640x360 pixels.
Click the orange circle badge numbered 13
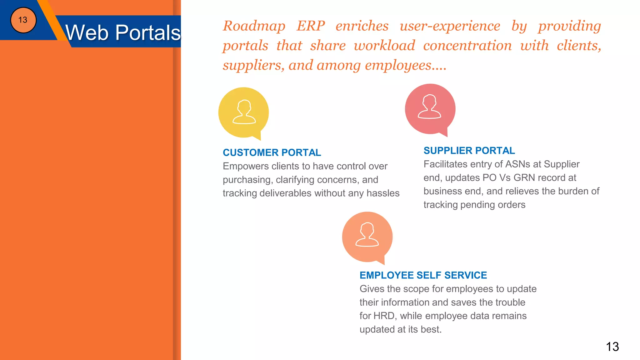coord(23,20)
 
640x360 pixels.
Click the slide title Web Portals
coord(123,32)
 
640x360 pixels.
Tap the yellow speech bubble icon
coord(243,112)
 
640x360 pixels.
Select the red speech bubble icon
coord(430,109)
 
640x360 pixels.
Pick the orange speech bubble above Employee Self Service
coord(367,237)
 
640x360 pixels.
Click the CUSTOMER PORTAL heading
coord(272,152)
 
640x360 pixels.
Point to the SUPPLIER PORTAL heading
coord(469,151)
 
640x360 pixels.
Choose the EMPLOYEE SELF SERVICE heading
coord(423,275)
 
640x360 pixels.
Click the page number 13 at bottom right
coord(612,347)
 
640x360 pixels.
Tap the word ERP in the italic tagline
coord(311,26)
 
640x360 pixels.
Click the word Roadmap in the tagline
coord(254,26)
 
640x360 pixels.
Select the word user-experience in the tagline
coord(450,26)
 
